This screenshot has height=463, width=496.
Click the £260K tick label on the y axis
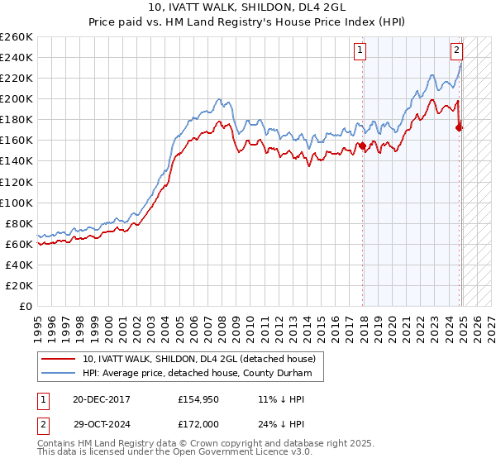pyautogui.click(x=17, y=37)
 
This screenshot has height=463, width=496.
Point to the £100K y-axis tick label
pyautogui.click(x=17, y=203)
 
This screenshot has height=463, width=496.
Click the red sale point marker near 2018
pyautogui.click(x=362, y=146)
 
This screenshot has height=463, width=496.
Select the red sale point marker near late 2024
pyautogui.click(x=459, y=127)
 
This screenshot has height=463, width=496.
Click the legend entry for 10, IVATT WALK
pyautogui.click(x=199, y=359)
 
